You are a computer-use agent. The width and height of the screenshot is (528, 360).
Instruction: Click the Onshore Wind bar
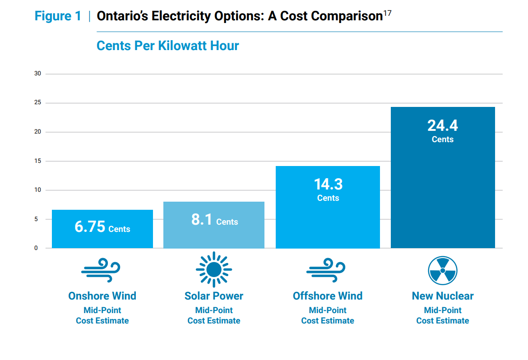pos(102,229)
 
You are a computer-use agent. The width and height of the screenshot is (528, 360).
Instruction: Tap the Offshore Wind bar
pos(328,207)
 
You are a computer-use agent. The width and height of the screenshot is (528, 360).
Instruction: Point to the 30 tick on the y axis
pos(37,74)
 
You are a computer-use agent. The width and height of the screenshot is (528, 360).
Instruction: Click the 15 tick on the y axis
pos(37,161)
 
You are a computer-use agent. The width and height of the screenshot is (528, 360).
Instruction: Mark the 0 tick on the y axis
pos(36,248)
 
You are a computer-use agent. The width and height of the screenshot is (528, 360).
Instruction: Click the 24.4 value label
pos(443,125)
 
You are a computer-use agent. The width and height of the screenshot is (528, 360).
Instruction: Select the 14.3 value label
pos(328,184)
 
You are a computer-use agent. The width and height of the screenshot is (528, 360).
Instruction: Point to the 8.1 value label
pos(202,220)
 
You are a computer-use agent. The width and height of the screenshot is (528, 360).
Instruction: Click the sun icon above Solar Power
pos(214,269)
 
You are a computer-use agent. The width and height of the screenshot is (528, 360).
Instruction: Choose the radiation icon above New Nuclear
pos(443,270)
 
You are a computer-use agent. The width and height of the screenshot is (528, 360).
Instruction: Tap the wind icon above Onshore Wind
pos(101,269)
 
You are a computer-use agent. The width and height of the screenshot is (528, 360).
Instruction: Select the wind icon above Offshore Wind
pos(326,269)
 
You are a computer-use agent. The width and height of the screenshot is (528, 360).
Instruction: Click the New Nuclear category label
pos(443,296)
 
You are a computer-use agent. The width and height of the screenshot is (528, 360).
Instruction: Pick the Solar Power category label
pos(214,296)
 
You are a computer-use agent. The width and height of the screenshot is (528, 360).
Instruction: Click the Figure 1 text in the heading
pos(58,16)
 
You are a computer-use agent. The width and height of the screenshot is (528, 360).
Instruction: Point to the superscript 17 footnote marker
pos(387,13)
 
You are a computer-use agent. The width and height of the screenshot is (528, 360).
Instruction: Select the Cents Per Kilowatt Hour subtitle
pos(167,46)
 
